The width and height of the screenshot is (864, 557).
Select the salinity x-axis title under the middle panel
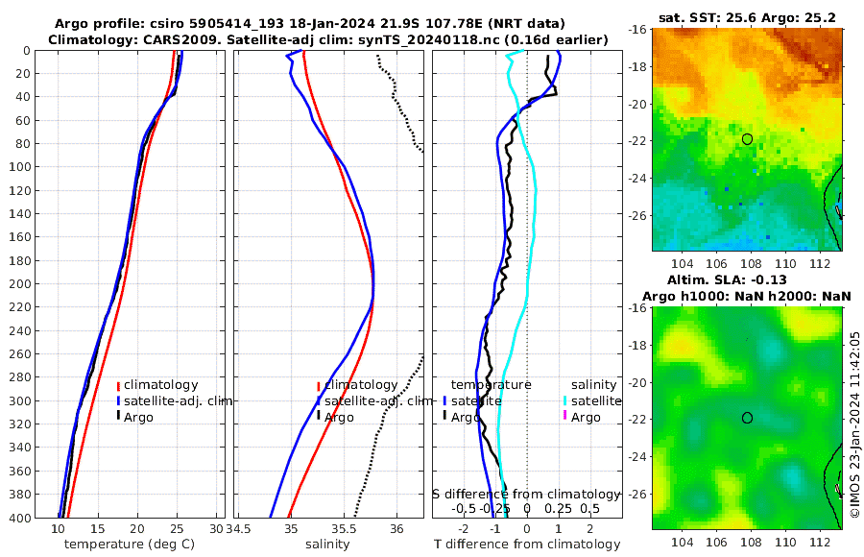coord(327,545)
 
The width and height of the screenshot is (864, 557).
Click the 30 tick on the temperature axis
coord(216,528)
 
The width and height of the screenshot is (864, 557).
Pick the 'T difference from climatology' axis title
coord(527,545)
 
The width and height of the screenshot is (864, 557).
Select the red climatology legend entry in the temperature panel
coord(159,384)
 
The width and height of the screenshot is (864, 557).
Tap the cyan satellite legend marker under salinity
coord(566,400)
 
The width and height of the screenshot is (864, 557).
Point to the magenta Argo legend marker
coord(566,417)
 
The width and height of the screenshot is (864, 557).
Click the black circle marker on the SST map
coord(747,139)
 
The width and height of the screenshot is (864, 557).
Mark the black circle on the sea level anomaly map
coord(747,418)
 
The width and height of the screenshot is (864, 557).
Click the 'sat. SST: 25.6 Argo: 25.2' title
coord(746,18)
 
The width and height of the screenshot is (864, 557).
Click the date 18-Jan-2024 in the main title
coord(343,22)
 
